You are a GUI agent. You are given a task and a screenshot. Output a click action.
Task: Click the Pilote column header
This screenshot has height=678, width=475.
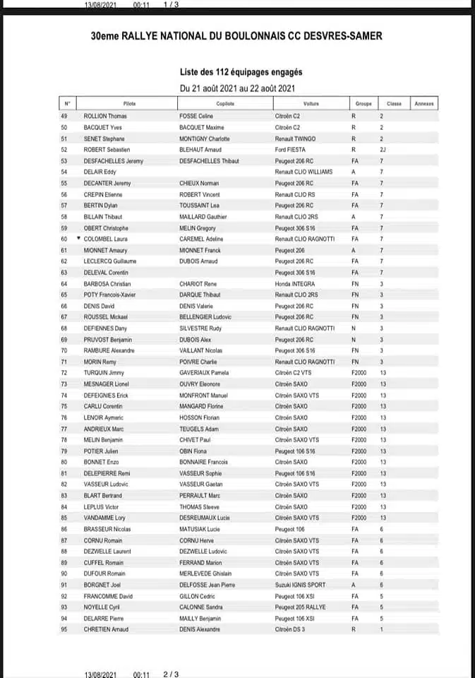pos(129,104)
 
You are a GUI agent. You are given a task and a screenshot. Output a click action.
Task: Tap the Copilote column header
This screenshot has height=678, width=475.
pos(225,104)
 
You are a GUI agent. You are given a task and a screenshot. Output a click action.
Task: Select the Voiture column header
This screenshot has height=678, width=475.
pos(311,104)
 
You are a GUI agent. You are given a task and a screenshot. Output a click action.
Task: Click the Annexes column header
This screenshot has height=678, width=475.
pos(425,104)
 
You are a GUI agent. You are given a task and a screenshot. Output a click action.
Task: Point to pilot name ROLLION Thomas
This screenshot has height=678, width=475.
pos(105,116)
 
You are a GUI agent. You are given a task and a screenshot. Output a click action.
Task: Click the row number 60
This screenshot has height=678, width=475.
pos(65,239)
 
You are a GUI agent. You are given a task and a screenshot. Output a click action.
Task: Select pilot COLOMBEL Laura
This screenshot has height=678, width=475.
pos(106,239)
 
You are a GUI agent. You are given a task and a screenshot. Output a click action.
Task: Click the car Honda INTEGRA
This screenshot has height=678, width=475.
pos(295,283)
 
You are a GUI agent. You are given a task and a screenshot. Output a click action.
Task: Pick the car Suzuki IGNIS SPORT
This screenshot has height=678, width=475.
pos(301,585)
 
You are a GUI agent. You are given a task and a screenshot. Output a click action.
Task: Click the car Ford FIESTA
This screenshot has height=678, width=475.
pos(291,150)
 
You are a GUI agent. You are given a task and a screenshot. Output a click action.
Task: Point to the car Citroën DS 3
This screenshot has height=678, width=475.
pos(291,629)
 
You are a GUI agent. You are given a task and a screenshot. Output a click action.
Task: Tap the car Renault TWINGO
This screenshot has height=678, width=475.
pos(295,138)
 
